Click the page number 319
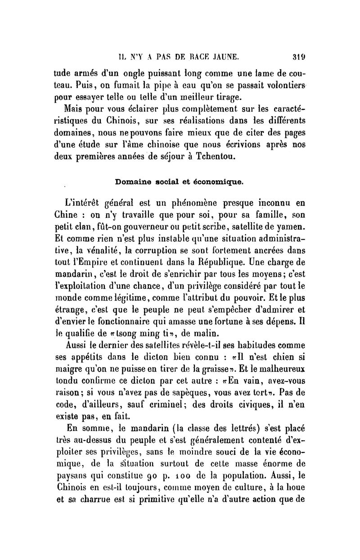pyautogui.click(x=298, y=57)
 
